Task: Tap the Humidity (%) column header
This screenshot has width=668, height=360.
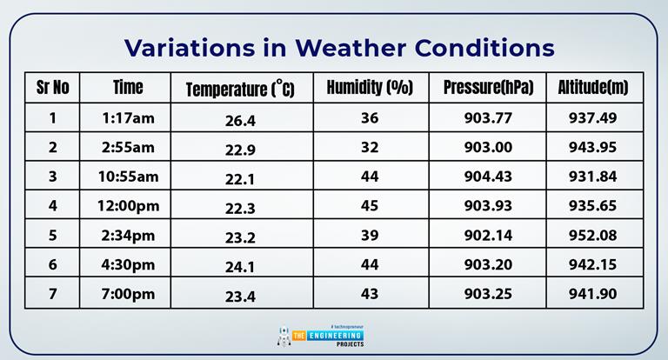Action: tap(370, 87)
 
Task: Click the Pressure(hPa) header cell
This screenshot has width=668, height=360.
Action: tap(488, 87)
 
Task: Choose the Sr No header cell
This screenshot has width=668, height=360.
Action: tap(53, 87)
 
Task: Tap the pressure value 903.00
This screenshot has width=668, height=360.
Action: tap(488, 147)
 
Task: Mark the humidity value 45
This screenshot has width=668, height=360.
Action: tap(370, 206)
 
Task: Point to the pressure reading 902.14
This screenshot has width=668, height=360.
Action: tap(488, 236)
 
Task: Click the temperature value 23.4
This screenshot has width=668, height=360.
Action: tap(240, 297)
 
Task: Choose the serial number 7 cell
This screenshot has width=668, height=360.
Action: tap(53, 294)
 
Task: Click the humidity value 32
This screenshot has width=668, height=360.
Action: tap(370, 147)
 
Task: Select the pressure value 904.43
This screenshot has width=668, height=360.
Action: tap(488, 177)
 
